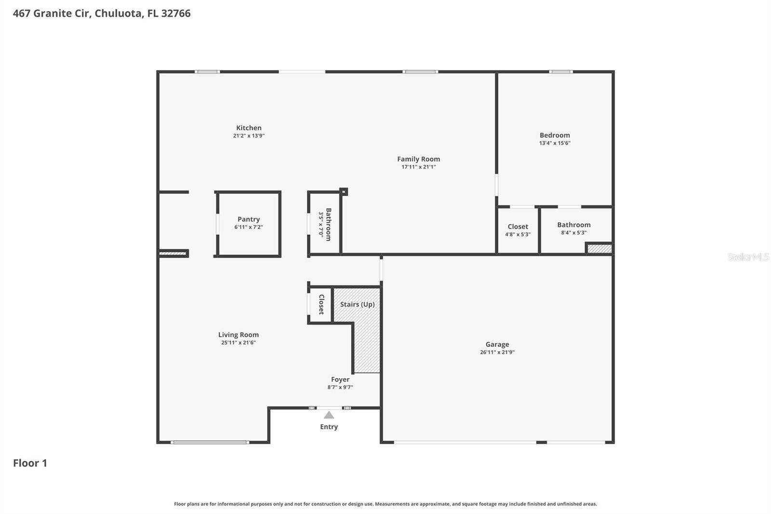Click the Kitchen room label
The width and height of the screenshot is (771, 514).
(x=249, y=128)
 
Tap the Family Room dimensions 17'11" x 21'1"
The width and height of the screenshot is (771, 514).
(x=418, y=167)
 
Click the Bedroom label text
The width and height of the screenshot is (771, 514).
(x=555, y=135)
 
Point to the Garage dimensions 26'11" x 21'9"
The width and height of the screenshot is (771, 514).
(x=497, y=352)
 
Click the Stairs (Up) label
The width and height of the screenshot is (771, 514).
(x=357, y=304)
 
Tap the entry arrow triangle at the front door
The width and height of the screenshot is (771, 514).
(x=329, y=415)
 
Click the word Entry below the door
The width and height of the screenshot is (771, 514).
(x=329, y=427)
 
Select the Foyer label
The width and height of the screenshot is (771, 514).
(x=340, y=379)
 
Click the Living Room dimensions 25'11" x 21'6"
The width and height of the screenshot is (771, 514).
(x=239, y=343)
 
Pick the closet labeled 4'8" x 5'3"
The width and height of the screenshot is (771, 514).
(x=518, y=230)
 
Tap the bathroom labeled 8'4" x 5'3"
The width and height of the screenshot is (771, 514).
(x=573, y=228)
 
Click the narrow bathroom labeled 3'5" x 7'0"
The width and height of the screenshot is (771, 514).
(x=325, y=224)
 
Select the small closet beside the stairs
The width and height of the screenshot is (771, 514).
(x=321, y=305)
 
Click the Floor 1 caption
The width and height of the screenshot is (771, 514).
(x=30, y=463)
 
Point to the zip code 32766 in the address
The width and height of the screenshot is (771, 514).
(x=176, y=14)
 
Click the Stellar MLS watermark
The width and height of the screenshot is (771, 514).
(x=748, y=257)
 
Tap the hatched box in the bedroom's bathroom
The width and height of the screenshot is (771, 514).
(x=599, y=249)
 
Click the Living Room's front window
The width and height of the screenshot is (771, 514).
(x=210, y=442)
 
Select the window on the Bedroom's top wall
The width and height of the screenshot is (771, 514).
(x=561, y=72)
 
